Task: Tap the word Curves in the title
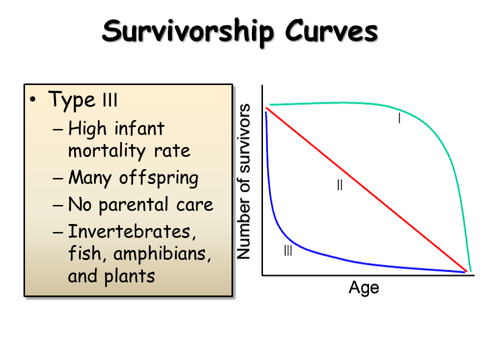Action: point(331,30)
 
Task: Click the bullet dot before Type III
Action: point(33,99)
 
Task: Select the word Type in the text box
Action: point(72,100)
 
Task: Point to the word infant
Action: point(139,128)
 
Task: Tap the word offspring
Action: point(158,178)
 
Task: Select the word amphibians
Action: point(162,254)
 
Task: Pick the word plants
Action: point(129,276)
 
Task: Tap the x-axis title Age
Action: point(363,288)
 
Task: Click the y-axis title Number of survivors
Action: point(243,181)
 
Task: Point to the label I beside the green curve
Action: point(399,118)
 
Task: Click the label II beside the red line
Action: point(339,185)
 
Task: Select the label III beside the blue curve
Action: point(288,250)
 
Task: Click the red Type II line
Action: point(366,190)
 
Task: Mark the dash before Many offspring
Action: point(57,178)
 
